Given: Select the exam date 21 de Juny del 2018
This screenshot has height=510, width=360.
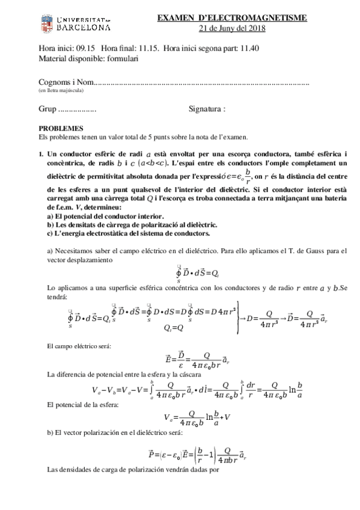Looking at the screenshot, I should [231, 28].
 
